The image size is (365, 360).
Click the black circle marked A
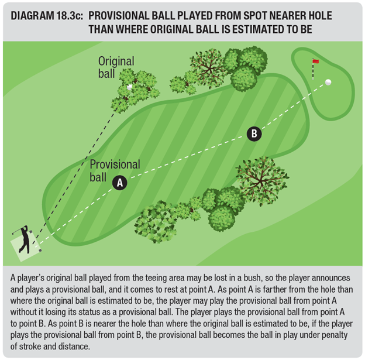pos(120,183)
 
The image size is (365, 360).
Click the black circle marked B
pos(254,133)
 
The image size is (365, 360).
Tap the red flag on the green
pos(316,61)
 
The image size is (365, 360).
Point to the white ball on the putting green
pos(328,82)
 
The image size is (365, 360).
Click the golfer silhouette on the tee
pos(23,239)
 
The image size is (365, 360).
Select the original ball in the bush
pos(129,87)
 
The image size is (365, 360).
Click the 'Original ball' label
pos(116,67)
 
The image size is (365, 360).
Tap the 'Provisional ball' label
pos(115,170)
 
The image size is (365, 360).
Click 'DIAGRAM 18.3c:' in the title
pos(47,16)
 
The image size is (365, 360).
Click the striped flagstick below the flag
pos(314,69)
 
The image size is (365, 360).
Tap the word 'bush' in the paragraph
pos(253,277)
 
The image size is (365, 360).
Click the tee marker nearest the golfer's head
pos(31,232)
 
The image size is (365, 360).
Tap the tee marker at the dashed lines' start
pos(40,251)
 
